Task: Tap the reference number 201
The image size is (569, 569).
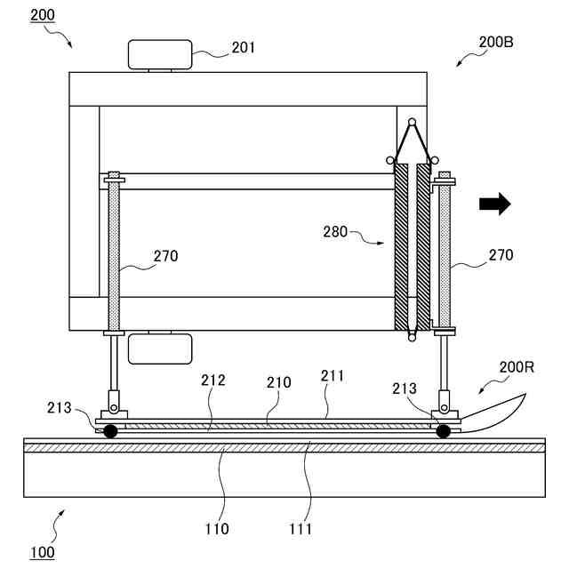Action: (243, 47)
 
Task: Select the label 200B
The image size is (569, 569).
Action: (496, 42)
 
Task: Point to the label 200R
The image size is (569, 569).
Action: (516, 367)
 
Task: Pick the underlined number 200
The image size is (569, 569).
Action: (42, 16)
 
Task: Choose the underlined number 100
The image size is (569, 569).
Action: (43, 552)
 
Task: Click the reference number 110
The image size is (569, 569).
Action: (216, 529)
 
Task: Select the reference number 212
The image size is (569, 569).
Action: (213, 381)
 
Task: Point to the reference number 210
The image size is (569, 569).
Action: (280, 382)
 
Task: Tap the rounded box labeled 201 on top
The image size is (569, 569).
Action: (160, 55)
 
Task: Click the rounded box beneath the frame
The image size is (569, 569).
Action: (160, 349)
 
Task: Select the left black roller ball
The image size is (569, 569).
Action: (110, 431)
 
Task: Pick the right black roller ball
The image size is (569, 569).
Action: (442, 431)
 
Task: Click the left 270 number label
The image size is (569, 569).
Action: (164, 256)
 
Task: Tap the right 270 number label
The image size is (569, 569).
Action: (500, 255)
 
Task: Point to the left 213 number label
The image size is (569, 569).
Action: (60, 407)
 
